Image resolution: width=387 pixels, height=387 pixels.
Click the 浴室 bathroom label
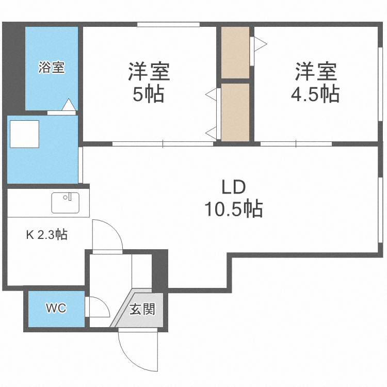point(51,68)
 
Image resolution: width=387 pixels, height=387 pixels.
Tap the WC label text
point(56,309)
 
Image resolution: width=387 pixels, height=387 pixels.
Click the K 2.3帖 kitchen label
point(46,235)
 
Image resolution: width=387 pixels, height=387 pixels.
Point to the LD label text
point(233,187)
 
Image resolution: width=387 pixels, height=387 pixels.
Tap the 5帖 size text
point(149,94)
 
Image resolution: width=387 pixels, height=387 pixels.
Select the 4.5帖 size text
point(316,94)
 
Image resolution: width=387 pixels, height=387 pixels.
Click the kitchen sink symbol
point(65,202)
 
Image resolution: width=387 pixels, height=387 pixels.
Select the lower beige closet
point(235,111)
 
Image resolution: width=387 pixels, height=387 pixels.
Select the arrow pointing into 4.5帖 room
point(259,41)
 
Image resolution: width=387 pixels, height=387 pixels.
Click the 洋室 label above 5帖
point(149,71)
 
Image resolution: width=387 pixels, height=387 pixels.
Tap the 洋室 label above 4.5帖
point(316,71)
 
